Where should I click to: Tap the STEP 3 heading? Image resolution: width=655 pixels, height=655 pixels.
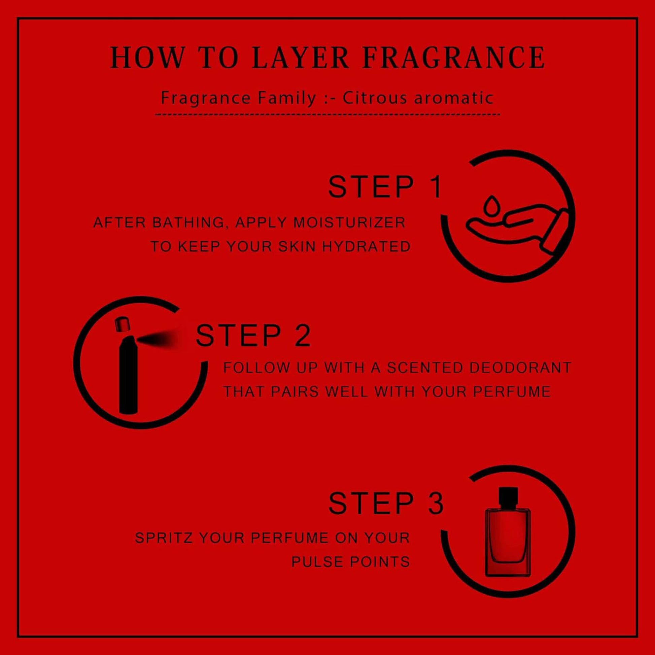[x=386, y=504]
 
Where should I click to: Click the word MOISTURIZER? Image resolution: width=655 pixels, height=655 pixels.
[x=349, y=223]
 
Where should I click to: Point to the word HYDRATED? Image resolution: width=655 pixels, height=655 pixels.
[x=366, y=246]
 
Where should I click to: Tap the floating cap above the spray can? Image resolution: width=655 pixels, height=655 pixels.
[x=123, y=324]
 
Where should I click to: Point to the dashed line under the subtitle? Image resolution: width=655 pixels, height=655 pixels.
[x=327, y=114]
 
